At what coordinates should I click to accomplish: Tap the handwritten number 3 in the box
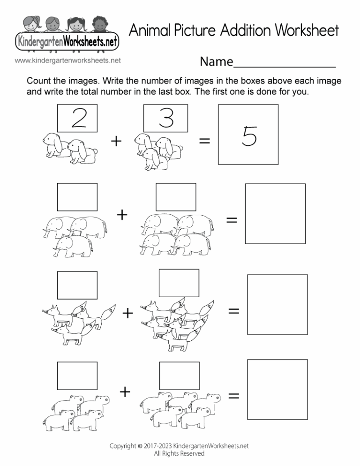pos(166,118)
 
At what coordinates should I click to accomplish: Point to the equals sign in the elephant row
pos(232,219)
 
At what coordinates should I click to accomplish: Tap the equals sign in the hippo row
pos(233,396)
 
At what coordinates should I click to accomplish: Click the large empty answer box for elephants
pos(275,213)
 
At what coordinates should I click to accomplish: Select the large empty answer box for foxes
pos(277,305)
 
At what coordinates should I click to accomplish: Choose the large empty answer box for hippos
pos(277,389)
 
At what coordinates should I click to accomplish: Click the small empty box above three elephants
pos(77,196)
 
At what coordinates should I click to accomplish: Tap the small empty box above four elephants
pos(176,196)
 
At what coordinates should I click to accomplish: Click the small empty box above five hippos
pos(179,376)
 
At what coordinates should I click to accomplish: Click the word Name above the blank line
pos(216,61)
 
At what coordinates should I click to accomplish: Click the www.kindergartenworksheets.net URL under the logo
pos(68,60)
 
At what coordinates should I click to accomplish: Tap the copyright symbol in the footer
pos(140,446)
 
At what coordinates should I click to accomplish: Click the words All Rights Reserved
pos(179,453)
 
